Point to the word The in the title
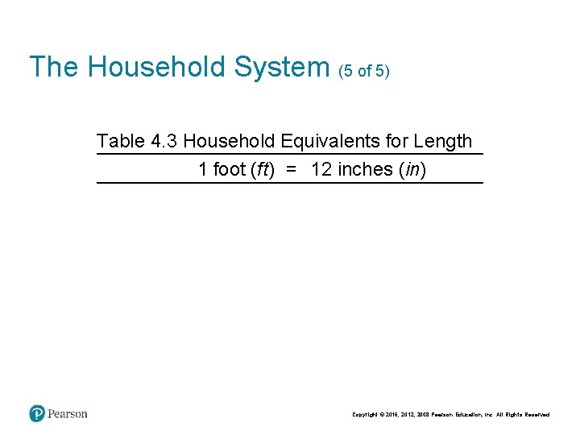[54, 67]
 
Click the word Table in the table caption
[120, 141]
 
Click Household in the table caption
[229, 141]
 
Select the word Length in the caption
[441, 141]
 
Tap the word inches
[364, 170]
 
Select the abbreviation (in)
[412, 170]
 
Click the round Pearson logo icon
[37, 414]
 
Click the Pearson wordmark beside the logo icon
[68, 414]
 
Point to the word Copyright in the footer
[367, 415]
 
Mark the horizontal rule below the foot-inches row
[290, 184]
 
